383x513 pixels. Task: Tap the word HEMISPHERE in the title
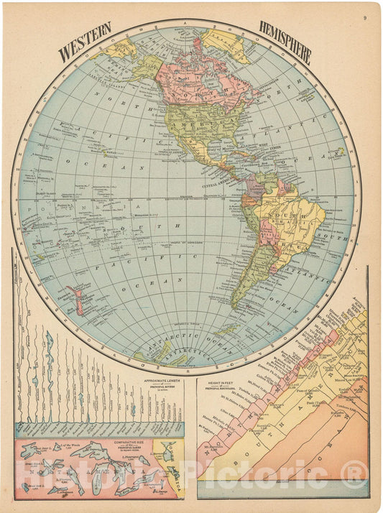[285, 45]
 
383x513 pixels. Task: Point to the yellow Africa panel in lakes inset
[172, 474]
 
